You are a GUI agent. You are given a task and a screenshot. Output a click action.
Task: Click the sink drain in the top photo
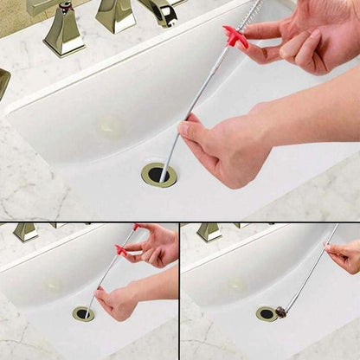click(x=158, y=174)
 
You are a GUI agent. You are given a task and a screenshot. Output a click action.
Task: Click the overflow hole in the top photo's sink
click(x=110, y=126)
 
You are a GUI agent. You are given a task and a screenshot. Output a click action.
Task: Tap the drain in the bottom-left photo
click(x=83, y=313)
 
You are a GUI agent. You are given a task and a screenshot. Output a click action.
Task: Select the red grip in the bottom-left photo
click(x=120, y=249)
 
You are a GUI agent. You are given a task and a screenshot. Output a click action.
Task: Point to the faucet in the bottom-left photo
click(x=25, y=232)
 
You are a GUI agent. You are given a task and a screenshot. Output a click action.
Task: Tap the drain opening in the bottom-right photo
click(x=267, y=313)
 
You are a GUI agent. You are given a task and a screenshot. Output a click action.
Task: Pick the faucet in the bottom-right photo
click(x=209, y=232)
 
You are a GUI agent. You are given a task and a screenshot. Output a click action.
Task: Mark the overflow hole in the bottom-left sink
click(x=54, y=284)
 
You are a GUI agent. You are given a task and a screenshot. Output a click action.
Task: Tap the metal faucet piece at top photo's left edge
click(x=3, y=82)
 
